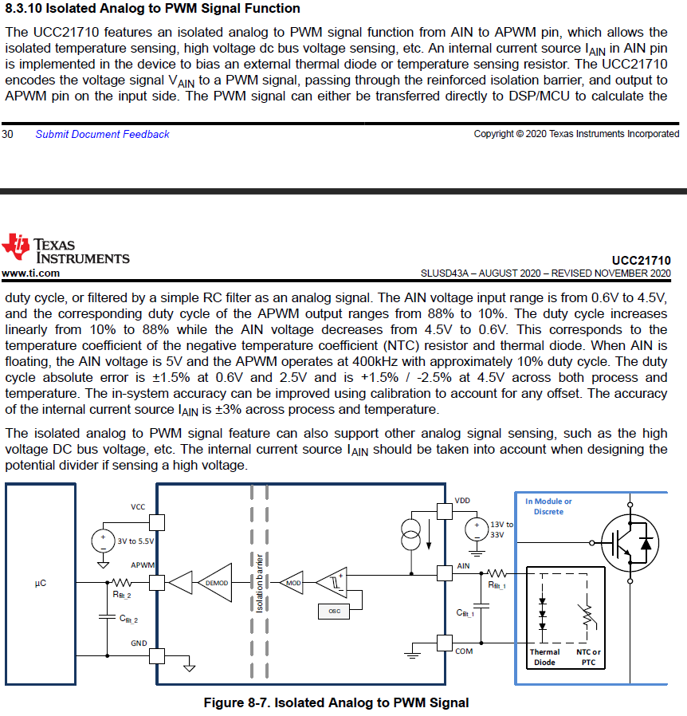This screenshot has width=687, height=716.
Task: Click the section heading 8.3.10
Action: [x=152, y=9]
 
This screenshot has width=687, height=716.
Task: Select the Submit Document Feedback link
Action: [x=102, y=134]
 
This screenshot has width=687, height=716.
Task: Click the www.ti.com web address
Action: [x=30, y=273]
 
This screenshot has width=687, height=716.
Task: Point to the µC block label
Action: [x=41, y=584]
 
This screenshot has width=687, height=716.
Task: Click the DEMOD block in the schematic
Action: [x=217, y=583]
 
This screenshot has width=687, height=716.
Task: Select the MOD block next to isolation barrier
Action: [x=294, y=583]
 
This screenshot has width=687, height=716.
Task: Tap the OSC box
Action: [x=333, y=611]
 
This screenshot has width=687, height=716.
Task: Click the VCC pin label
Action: [x=138, y=507]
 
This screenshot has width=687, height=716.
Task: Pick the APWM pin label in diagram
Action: [x=143, y=565]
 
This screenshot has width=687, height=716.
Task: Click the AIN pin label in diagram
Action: [x=464, y=565]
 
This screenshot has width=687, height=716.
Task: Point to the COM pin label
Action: [x=464, y=651]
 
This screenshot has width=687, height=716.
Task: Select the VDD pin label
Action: [x=462, y=501]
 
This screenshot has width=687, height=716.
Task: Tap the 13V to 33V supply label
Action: [x=502, y=529]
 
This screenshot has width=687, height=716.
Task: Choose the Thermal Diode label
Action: [x=544, y=657]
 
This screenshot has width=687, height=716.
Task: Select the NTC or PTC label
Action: [x=588, y=657]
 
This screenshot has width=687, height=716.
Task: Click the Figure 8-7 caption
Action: [x=336, y=702]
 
